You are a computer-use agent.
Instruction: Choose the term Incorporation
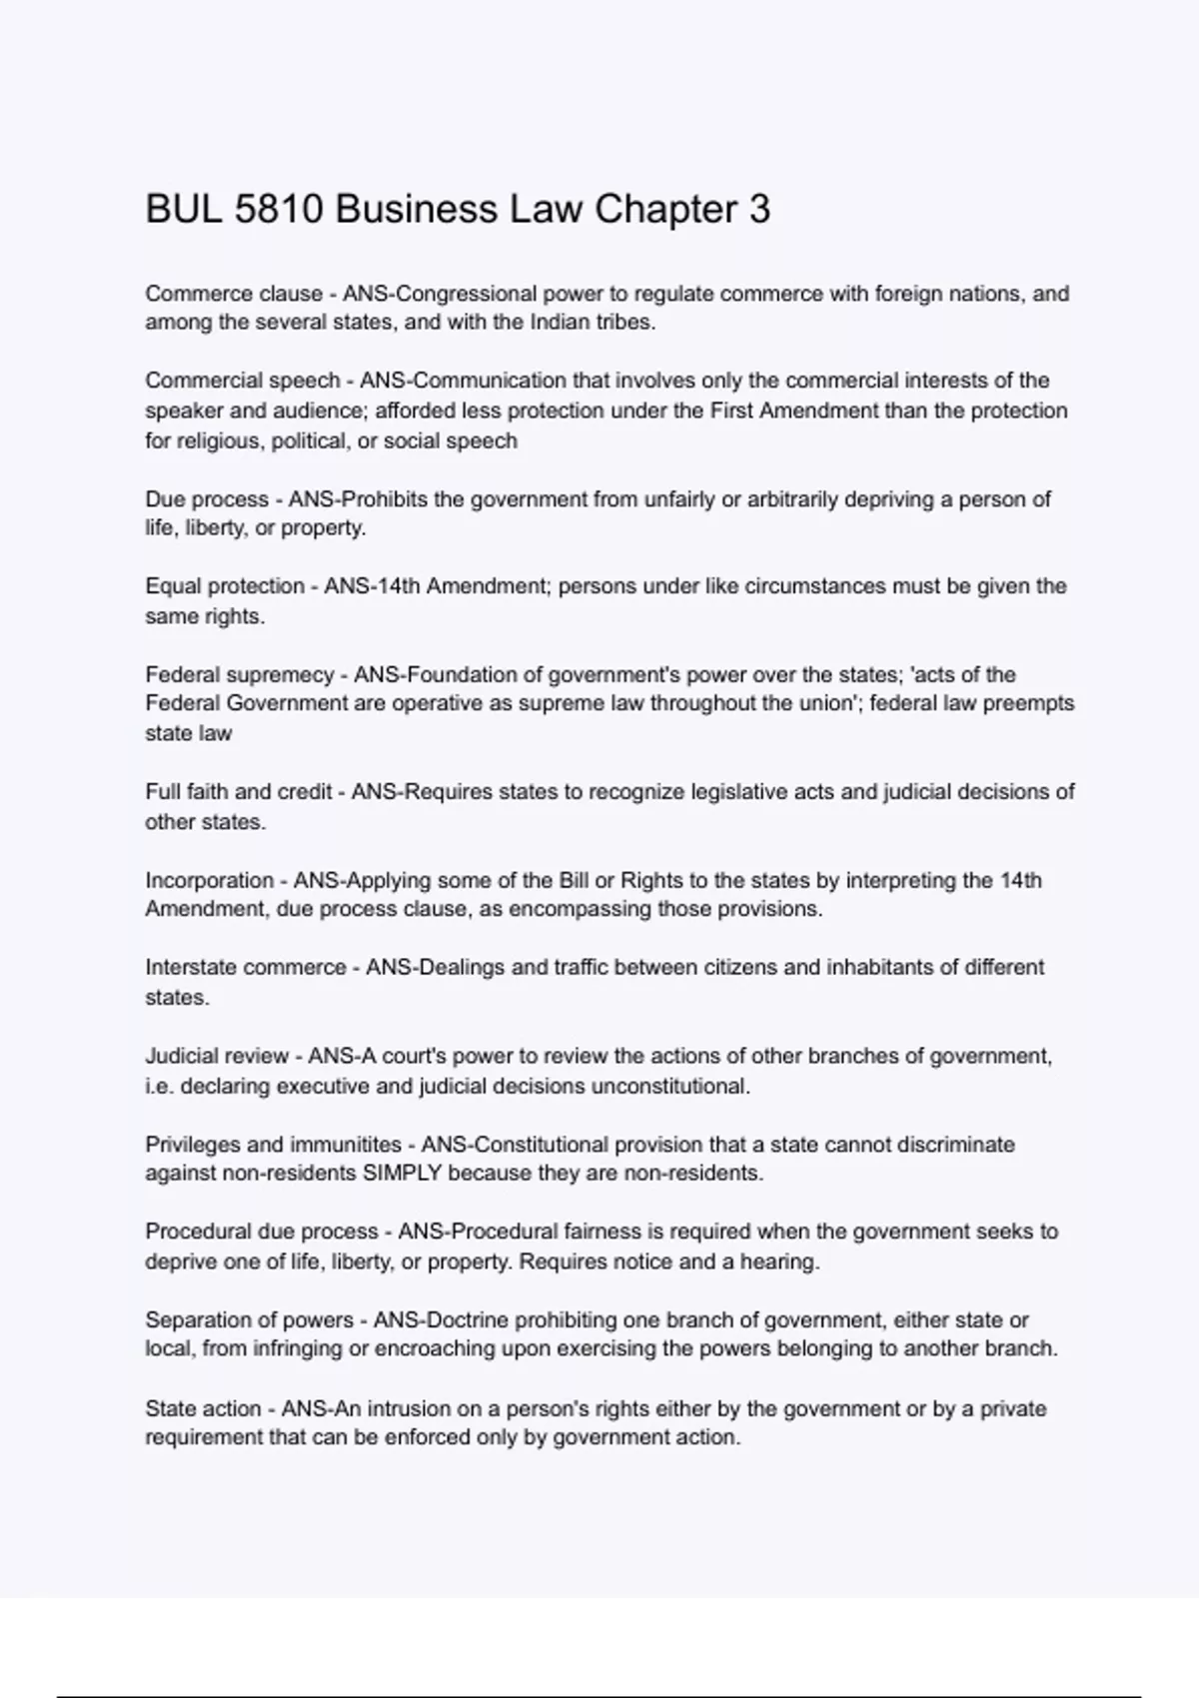[209, 881]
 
